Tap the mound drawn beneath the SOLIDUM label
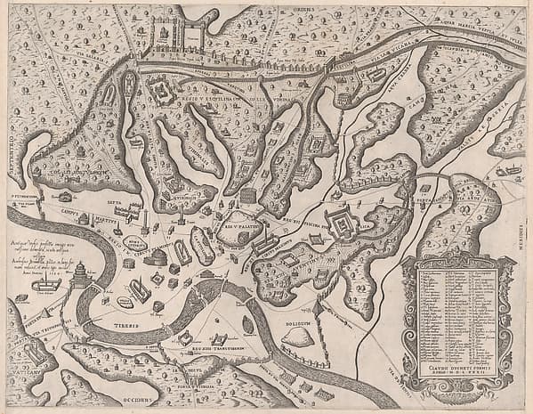point(300,336)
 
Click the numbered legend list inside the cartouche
point(456,313)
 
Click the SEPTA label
point(116,201)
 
